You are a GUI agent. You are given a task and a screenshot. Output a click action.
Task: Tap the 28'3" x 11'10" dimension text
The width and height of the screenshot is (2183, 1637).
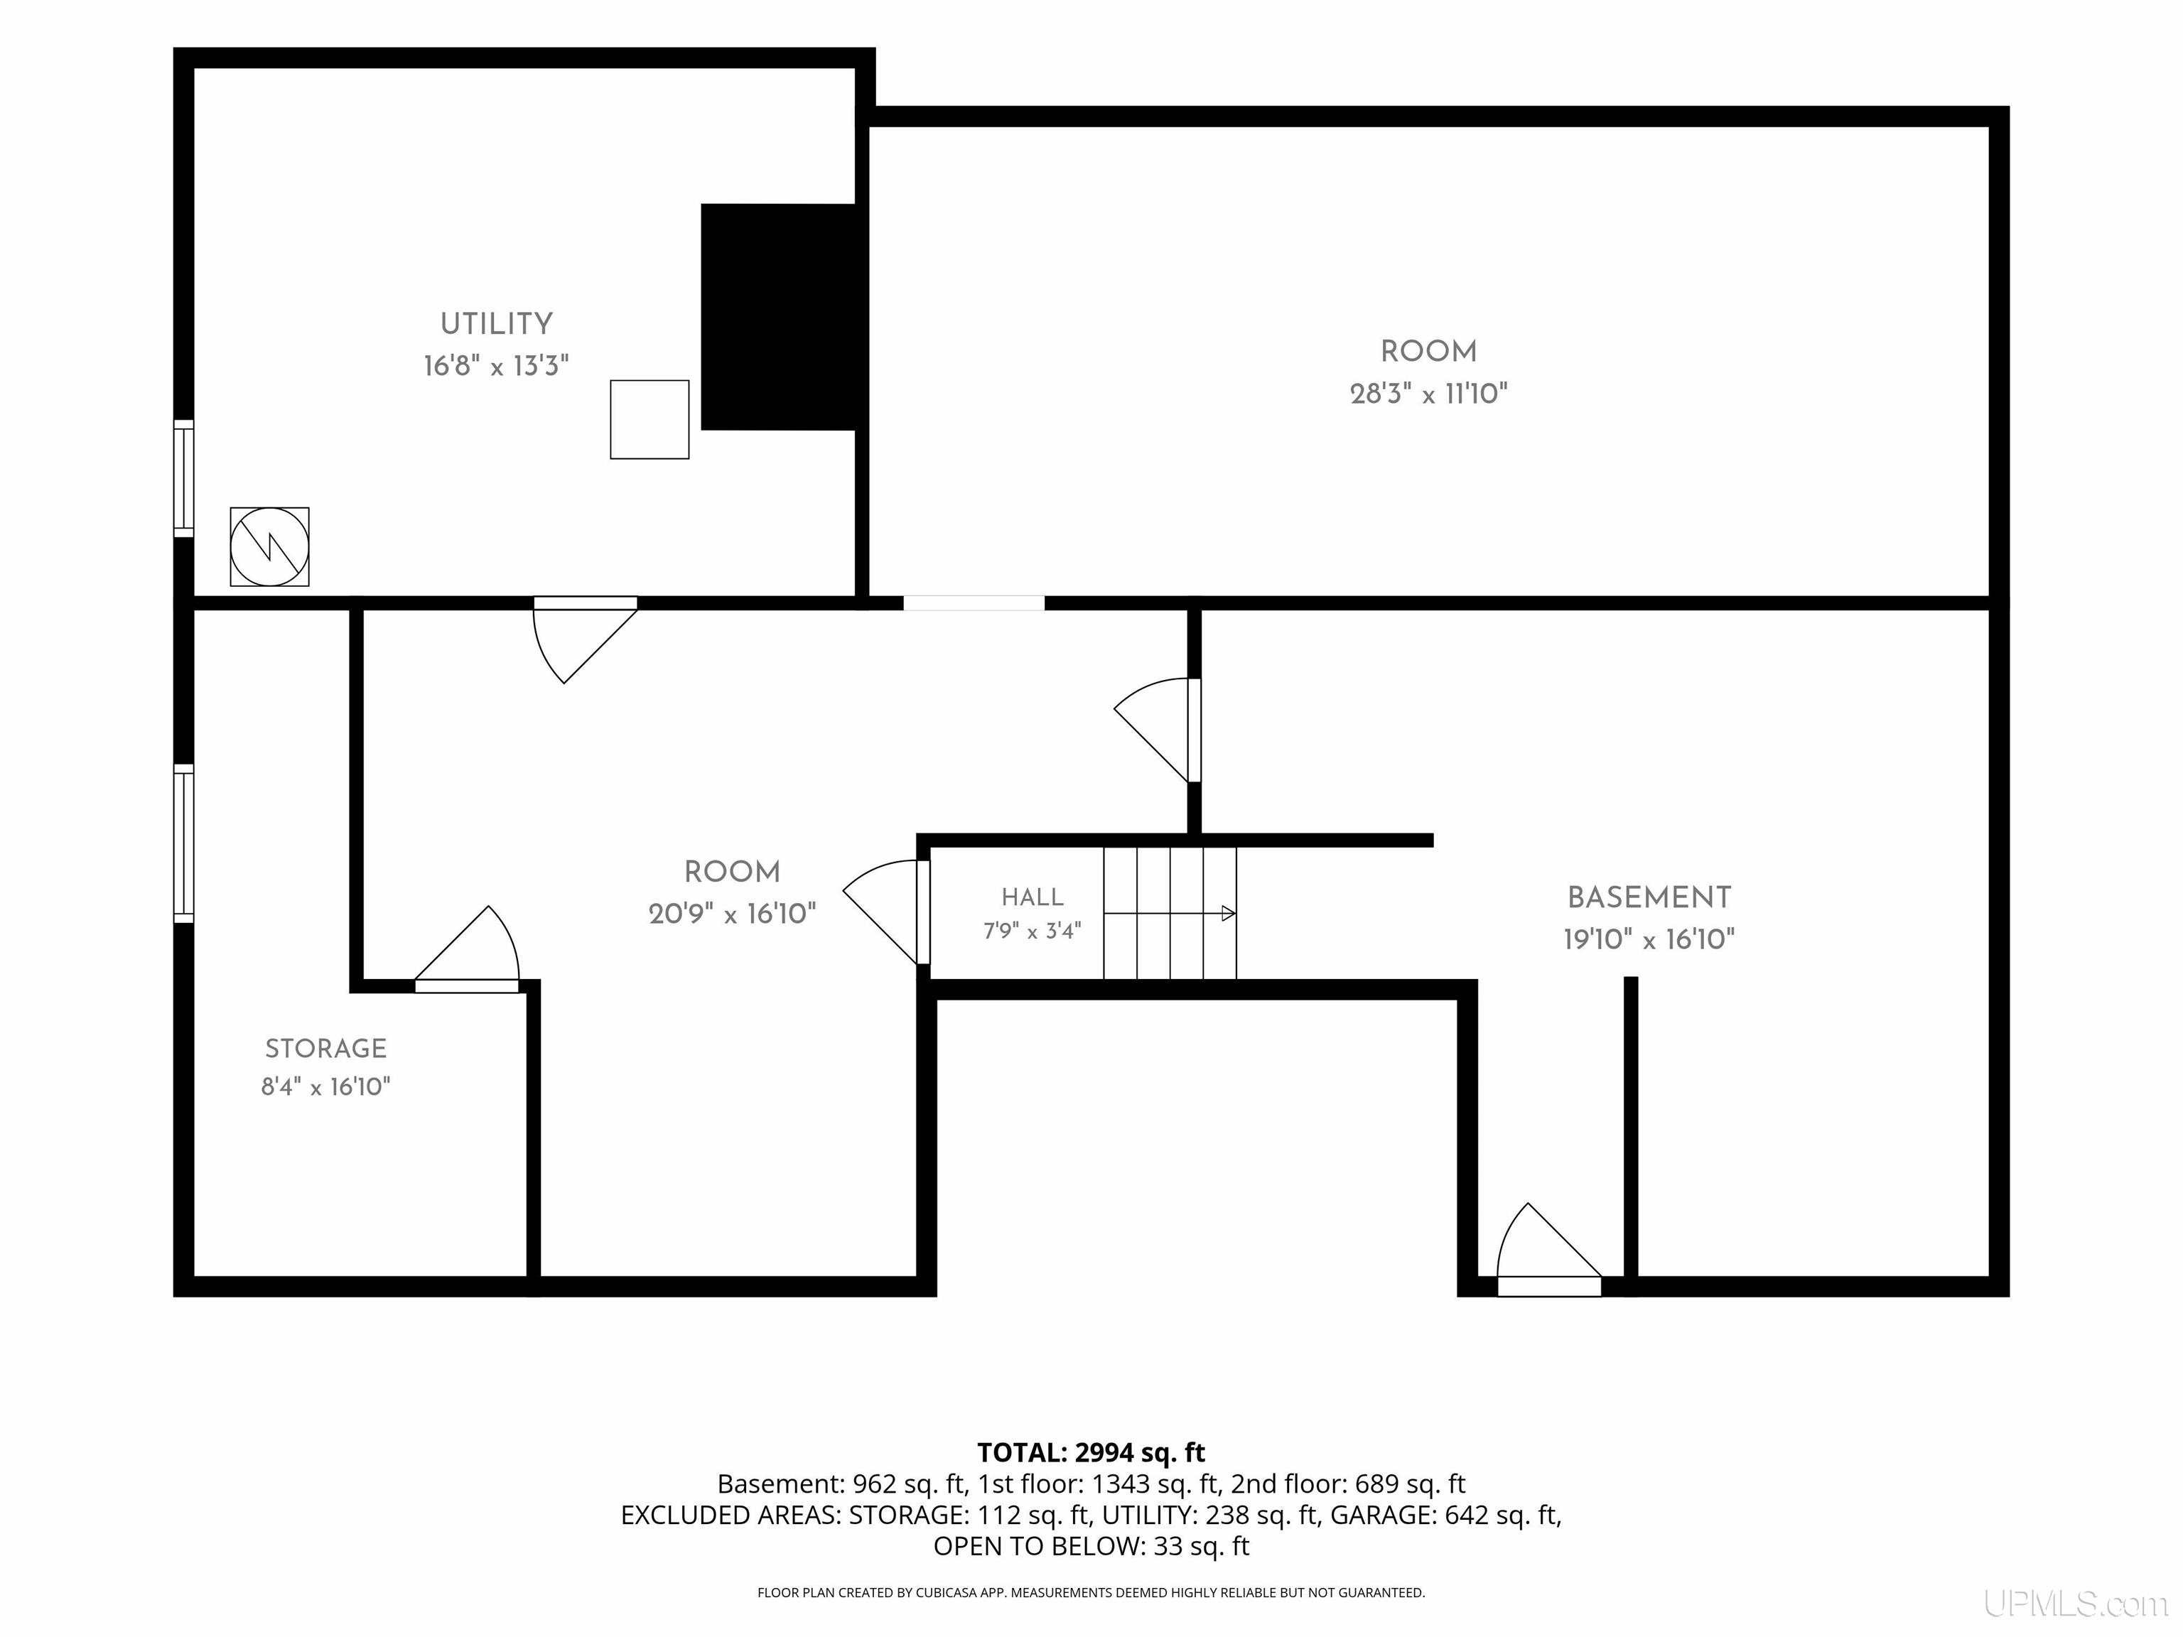coord(1428,394)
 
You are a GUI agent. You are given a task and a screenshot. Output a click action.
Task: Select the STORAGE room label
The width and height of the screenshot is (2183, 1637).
coord(325,1048)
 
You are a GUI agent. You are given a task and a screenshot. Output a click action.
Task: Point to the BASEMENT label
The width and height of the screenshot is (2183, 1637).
coord(1649,898)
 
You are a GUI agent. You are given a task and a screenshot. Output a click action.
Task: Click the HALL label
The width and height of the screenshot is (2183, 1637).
coord(1033,897)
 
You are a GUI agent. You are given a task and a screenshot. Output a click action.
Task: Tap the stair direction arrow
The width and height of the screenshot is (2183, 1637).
coord(1170,914)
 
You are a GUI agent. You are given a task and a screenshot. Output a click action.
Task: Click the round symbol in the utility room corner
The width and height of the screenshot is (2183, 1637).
coord(269,546)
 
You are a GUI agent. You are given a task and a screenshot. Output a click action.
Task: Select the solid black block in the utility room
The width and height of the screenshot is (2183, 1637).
coord(779,317)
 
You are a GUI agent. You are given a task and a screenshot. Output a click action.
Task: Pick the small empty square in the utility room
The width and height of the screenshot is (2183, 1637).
coord(649,419)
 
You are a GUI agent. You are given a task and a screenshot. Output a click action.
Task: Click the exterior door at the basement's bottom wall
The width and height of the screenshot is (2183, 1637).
coord(1548,1249)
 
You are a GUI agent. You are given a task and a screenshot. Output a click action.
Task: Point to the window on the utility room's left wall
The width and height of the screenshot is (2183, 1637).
coord(183,479)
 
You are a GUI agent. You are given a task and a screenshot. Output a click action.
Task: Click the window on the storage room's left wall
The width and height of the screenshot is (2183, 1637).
coord(183,843)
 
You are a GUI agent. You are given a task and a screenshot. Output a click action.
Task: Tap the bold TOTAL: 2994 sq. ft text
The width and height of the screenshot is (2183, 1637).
coord(1091,1452)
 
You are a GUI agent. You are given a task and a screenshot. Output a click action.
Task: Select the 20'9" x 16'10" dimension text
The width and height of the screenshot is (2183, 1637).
coord(732,914)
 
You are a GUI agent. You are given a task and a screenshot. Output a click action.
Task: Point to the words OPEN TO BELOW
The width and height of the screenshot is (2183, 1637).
coord(1035,1546)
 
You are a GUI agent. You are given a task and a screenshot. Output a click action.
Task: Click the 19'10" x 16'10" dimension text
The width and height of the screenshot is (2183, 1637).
coord(1649,939)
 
